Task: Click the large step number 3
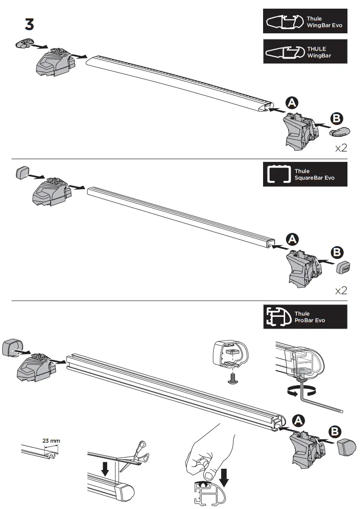point(29,25)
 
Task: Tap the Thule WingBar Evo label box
point(305,21)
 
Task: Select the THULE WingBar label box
point(305,52)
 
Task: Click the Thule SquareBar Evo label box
point(305,174)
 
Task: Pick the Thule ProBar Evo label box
point(305,316)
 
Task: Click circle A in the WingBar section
point(292,103)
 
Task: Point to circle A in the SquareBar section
point(292,239)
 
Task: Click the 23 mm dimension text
point(51,441)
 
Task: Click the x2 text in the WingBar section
point(341,148)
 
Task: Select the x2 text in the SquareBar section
point(341,290)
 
